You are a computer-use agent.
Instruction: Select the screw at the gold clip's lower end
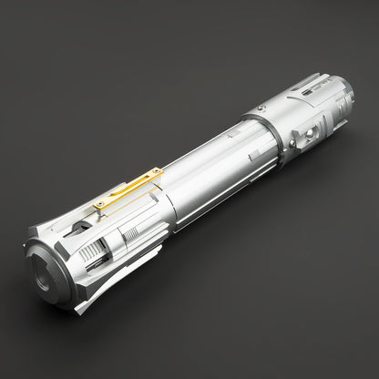99,205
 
